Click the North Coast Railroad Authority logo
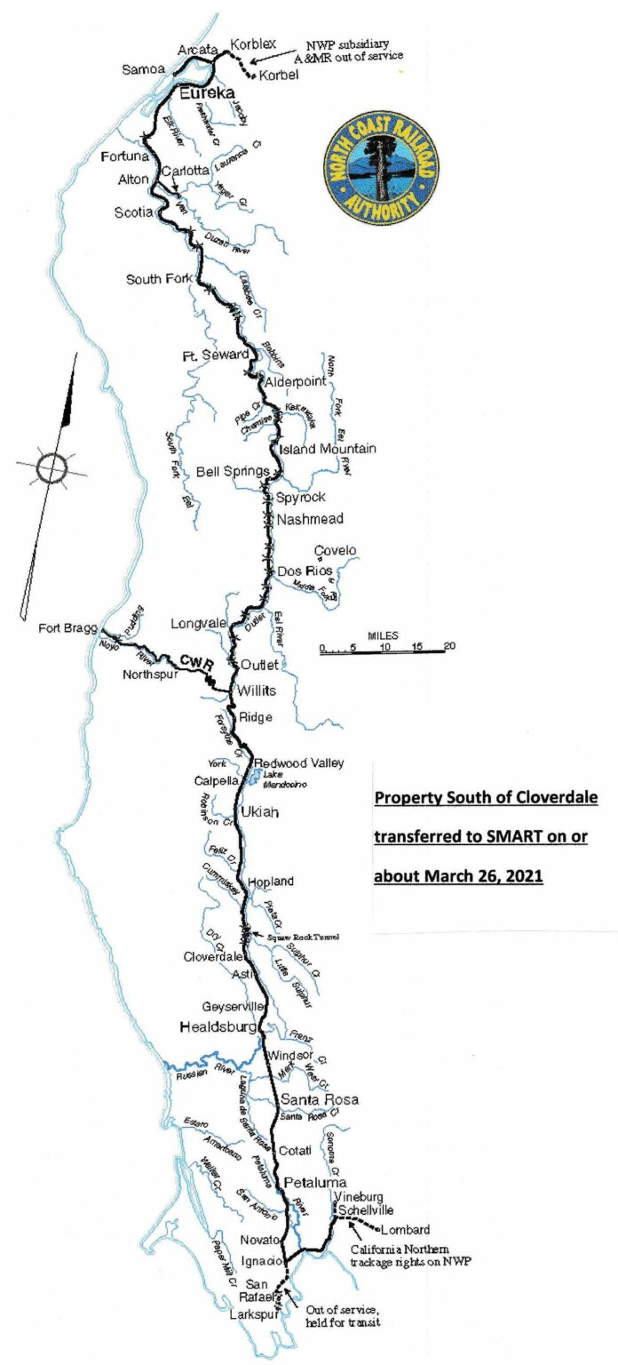tap(382, 168)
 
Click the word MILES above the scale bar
tap(383, 636)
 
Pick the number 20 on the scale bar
tap(449, 646)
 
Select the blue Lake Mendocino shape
tap(253, 778)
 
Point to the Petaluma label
tap(313, 1183)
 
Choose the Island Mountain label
tap(328, 449)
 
